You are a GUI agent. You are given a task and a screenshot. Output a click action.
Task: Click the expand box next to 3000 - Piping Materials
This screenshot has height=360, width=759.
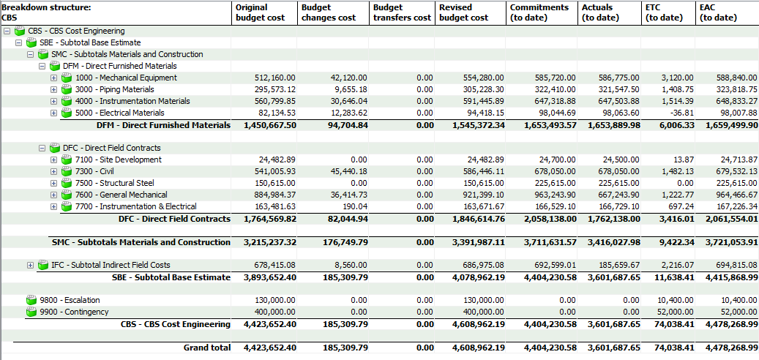pyautogui.click(x=53, y=89)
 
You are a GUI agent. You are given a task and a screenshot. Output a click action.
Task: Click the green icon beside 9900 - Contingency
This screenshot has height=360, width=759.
pyautogui.click(x=31, y=312)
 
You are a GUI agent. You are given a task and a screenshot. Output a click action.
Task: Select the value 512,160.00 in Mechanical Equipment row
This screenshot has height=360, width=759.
pyautogui.click(x=275, y=78)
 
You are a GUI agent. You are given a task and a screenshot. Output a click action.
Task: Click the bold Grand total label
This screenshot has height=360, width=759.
pyautogui.click(x=206, y=348)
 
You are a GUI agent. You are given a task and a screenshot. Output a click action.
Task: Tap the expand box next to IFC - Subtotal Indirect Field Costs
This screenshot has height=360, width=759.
pyautogui.click(x=30, y=265)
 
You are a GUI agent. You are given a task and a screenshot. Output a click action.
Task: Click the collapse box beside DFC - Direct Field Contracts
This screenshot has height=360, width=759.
pyautogui.click(x=42, y=148)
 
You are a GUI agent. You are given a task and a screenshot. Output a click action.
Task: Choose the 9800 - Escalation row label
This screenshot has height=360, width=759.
pyautogui.click(x=70, y=300)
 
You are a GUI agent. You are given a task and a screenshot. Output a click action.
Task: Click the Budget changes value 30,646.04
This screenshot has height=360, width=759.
pyautogui.click(x=343, y=101)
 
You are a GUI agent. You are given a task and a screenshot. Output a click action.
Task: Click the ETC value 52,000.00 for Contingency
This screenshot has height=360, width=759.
pyautogui.click(x=668, y=312)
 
